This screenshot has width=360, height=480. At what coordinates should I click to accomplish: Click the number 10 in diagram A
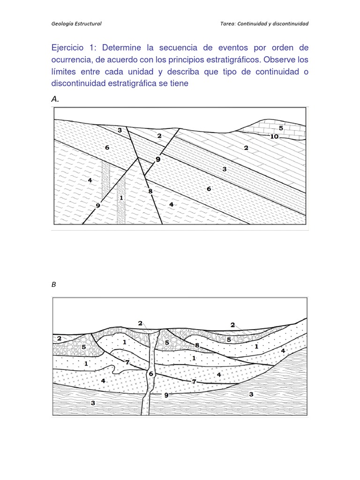coord(274,136)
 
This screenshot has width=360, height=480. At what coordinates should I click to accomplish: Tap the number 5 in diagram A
coord(281,128)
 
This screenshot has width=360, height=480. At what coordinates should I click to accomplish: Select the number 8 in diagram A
coord(150,191)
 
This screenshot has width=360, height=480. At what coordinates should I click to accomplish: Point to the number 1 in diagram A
coord(121,197)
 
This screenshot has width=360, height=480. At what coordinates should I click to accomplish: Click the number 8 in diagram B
coord(197,345)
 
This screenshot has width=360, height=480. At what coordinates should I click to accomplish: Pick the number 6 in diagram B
coord(151,374)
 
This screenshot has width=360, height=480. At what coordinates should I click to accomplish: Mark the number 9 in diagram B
coord(166,395)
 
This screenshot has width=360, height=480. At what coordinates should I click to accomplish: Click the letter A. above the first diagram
coord(55,99)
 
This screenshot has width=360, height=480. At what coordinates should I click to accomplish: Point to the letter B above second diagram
coord(53,285)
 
